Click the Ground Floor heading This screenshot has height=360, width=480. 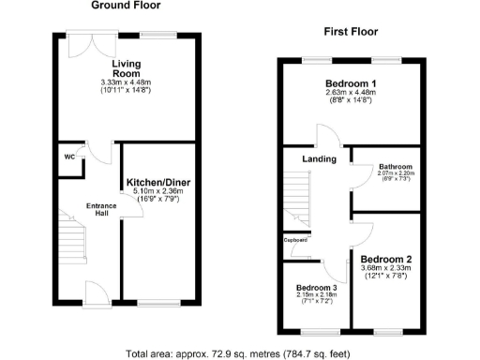[126, 6]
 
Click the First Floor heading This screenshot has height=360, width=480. [351, 31]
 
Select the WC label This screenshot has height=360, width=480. [68, 157]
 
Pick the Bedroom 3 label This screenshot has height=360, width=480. [316, 288]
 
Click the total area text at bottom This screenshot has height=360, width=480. [240, 353]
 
